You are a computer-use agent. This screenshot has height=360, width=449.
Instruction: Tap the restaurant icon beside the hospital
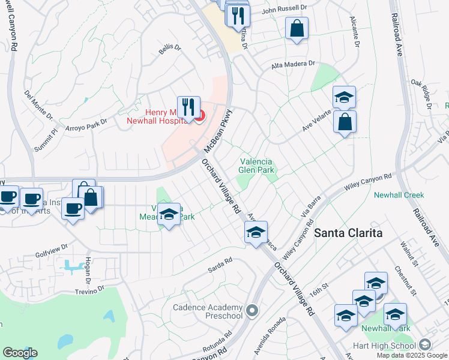[x=188, y=107]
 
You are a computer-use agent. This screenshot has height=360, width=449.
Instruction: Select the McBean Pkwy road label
[x=217, y=131]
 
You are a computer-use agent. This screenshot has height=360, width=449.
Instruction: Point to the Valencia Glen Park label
[x=257, y=166]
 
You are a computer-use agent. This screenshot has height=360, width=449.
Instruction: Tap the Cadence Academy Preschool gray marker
[x=252, y=311]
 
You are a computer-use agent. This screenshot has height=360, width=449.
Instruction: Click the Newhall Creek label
[x=399, y=195]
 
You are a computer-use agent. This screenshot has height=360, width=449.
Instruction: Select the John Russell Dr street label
[x=283, y=10]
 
